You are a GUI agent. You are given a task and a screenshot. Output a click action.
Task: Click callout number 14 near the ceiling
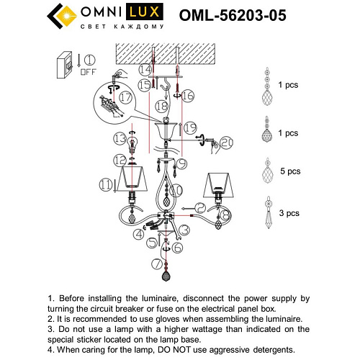tap(145, 70)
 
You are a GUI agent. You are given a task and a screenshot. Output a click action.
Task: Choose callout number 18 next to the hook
tap(161, 106)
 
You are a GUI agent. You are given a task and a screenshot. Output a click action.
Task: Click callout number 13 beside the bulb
tap(119, 137)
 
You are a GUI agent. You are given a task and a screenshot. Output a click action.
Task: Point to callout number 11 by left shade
tap(107, 186)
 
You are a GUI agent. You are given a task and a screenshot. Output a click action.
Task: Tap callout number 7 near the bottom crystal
tap(156, 264)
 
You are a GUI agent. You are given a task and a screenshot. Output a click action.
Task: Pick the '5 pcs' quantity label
tap(287, 174)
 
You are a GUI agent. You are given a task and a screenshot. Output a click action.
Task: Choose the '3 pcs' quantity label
tap(287, 214)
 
